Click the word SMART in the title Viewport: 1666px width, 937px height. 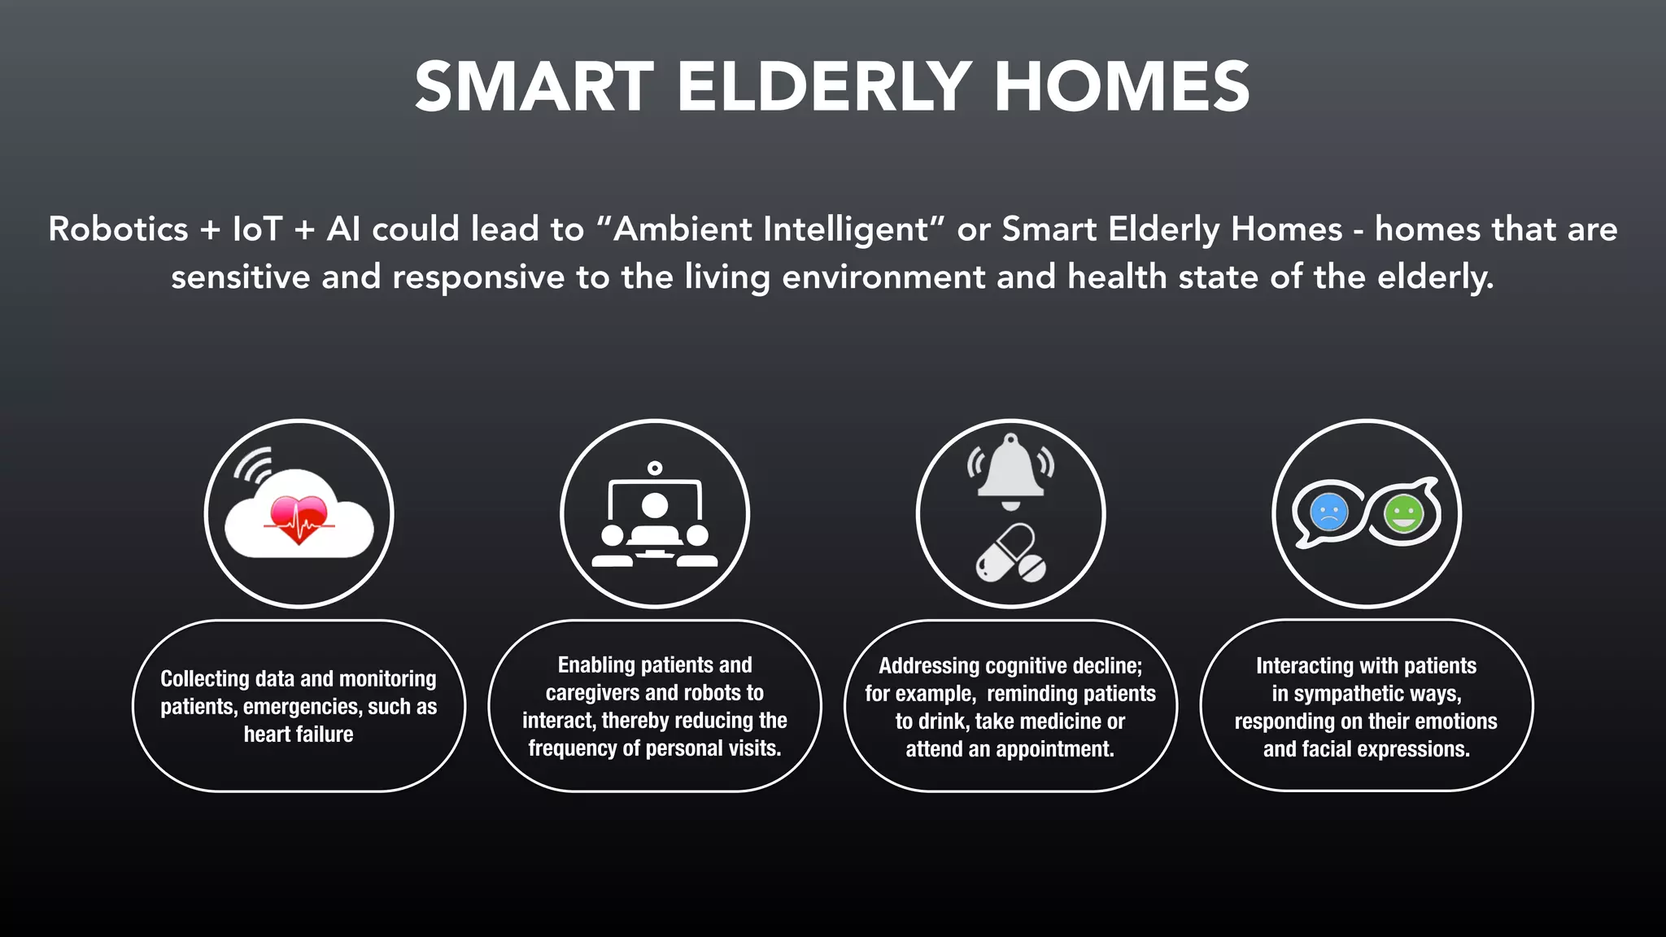click(x=534, y=87)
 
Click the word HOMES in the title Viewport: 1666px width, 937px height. click(x=1122, y=87)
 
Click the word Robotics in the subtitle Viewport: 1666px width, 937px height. click(x=118, y=229)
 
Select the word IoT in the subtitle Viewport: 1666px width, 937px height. click(x=257, y=229)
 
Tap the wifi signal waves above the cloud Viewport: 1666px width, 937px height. click(x=253, y=465)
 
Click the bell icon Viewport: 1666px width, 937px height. click(x=1010, y=468)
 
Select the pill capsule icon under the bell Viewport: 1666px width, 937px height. click(x=1010, y=552)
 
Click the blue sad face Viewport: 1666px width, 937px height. click(x=1329, y=513)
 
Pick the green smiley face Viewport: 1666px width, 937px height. click(x=1403, y=514)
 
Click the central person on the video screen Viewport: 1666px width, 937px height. click(x=654, y=508)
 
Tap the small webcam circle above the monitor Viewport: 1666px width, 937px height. click(x=655, y=468)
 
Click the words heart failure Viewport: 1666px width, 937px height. click(x=299, y=734)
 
